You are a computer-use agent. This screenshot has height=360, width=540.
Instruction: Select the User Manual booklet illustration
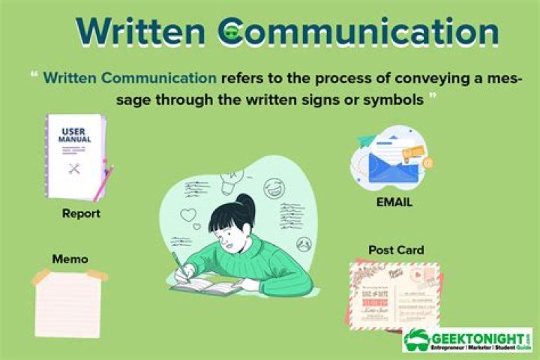pyautogui.click(x=76, y=155)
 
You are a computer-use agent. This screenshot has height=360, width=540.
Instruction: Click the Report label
pyautogui.click(x=82, y=214)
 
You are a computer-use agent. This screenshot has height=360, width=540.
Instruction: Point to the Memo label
pyautogui.click(x=70, y=259)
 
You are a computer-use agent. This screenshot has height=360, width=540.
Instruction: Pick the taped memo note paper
pyautogui.click(x=67, y=303)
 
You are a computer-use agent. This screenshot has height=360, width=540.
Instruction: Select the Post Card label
pyautogui.click(x=396, y=250)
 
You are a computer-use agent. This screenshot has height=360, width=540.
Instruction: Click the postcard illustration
pyautogui.click(x=394, y=295)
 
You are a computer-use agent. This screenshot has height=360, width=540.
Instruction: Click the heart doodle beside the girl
pyautogui.click(x=187, y=216)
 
